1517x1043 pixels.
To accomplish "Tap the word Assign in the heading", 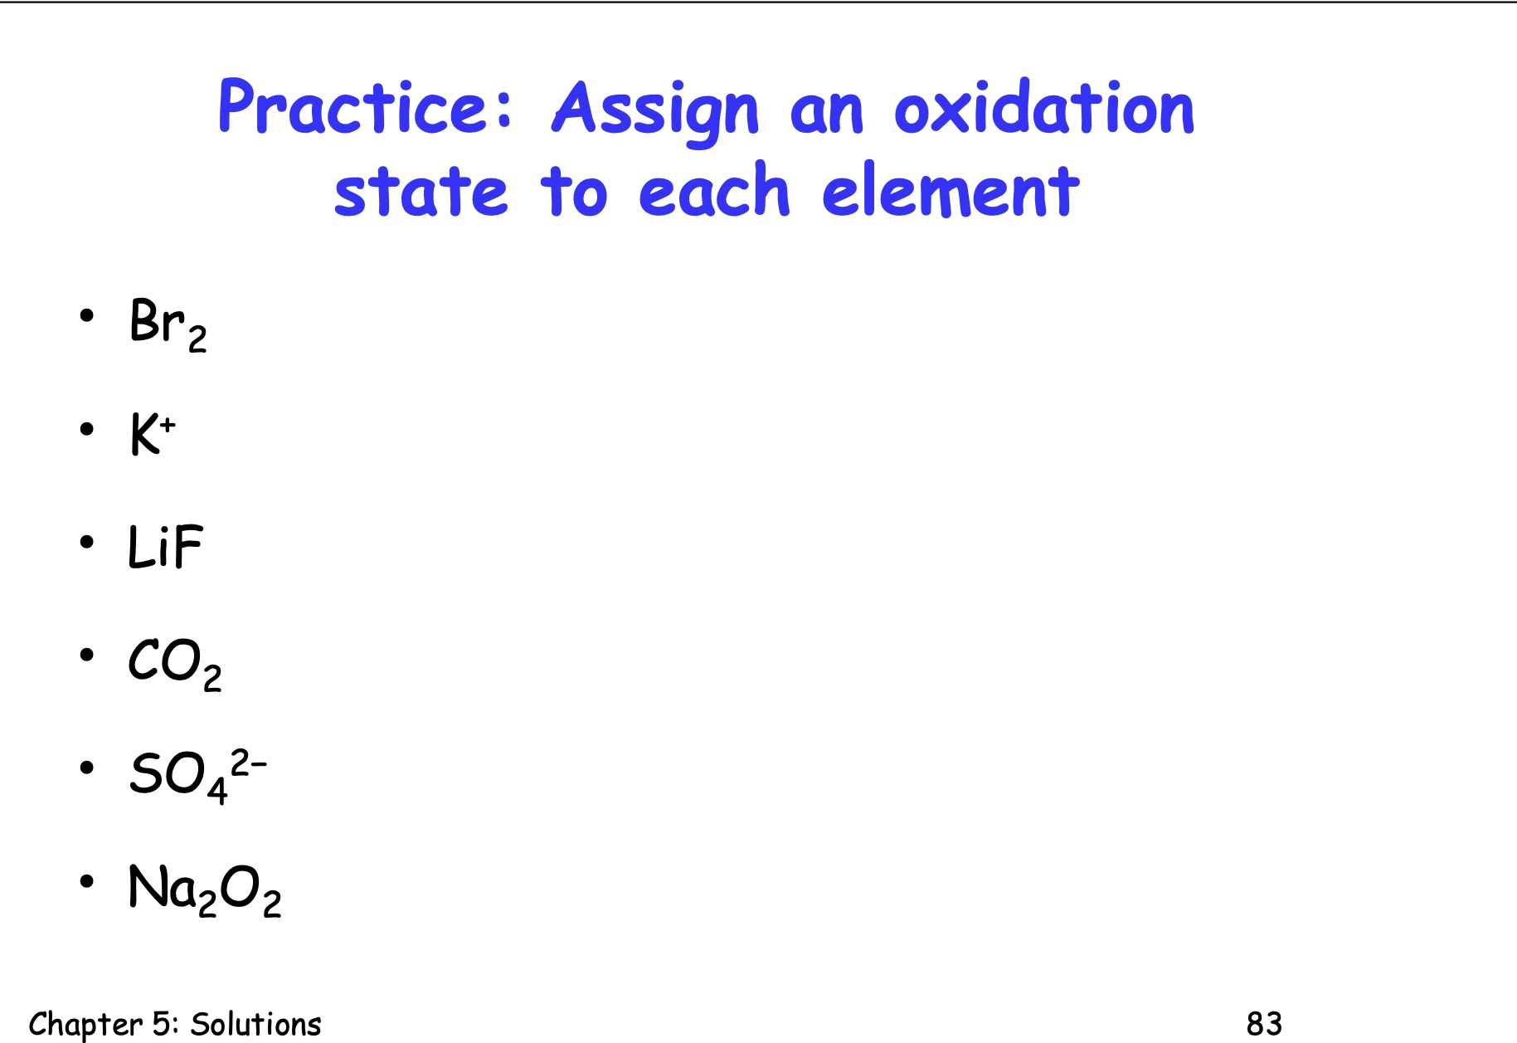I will point(655,110).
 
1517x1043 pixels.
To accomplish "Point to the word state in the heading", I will point(421,193).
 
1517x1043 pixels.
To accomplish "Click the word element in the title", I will point(951,193).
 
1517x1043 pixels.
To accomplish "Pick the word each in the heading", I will point(714,193).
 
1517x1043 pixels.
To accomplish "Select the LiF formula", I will point(165,548).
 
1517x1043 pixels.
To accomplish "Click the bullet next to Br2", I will point(87,316).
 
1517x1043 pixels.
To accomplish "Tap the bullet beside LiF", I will point(87,543).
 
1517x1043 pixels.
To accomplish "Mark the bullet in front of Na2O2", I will point(87,881).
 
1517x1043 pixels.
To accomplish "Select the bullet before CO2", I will point(87,656).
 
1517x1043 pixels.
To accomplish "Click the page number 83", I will point(1264,1024).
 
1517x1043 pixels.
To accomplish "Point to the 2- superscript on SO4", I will point(248,763).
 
